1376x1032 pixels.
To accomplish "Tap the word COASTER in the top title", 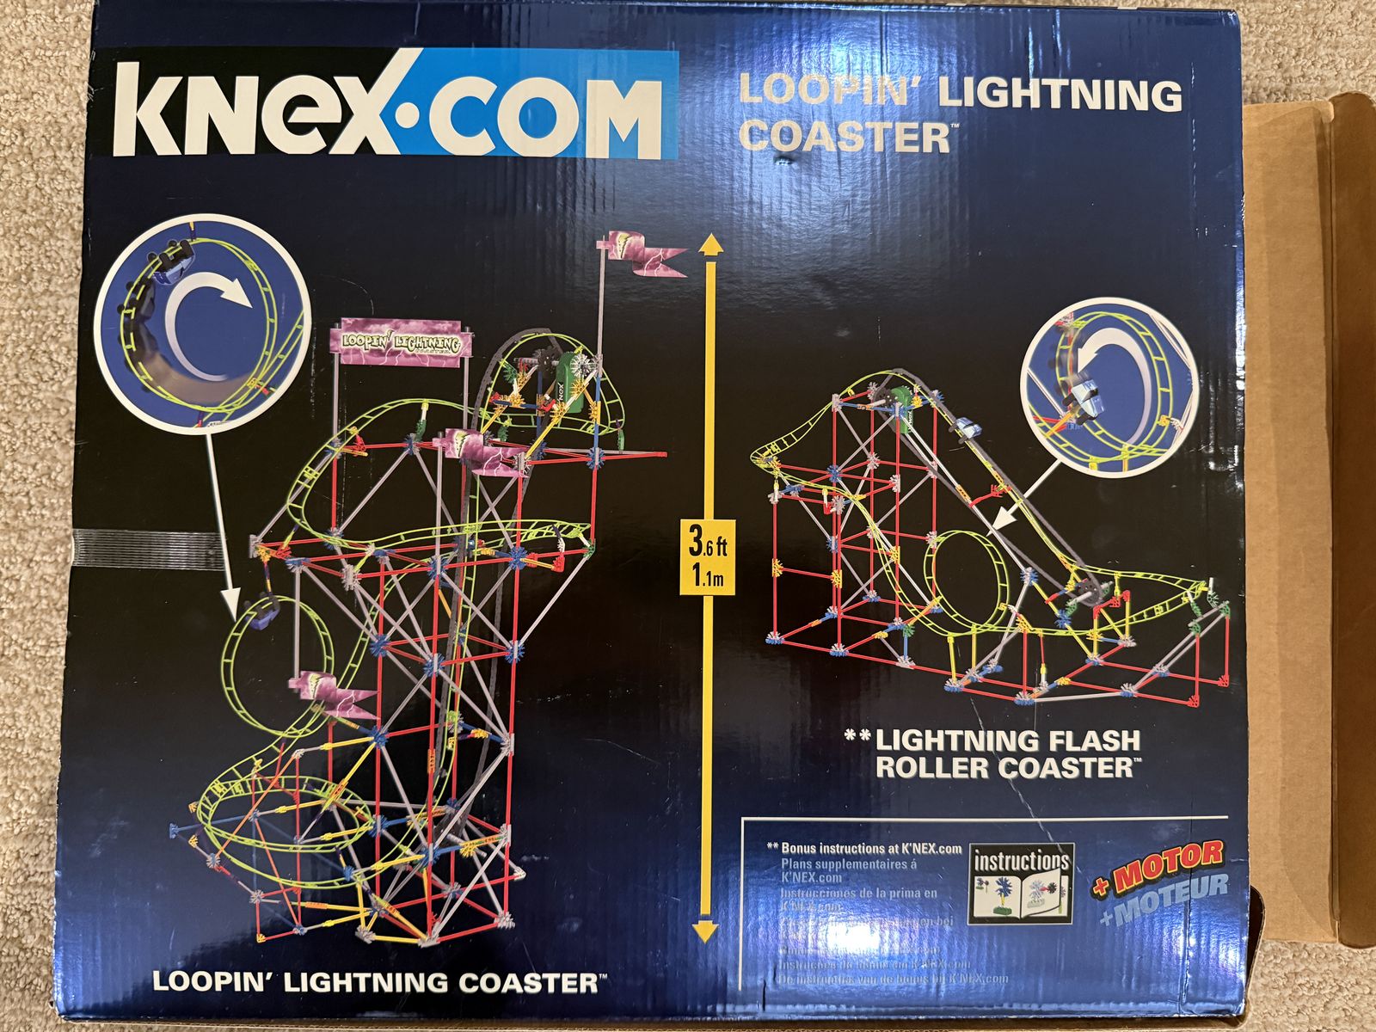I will (845, 136).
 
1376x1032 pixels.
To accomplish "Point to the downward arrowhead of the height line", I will (706, 931).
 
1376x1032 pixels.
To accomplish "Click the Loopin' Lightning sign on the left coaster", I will (402, 341).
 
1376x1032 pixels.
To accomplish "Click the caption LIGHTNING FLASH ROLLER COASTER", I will (1006, 753).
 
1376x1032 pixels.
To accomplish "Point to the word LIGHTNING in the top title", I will (1060, 93).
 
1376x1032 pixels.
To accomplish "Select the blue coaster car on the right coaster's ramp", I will (967, 427).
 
